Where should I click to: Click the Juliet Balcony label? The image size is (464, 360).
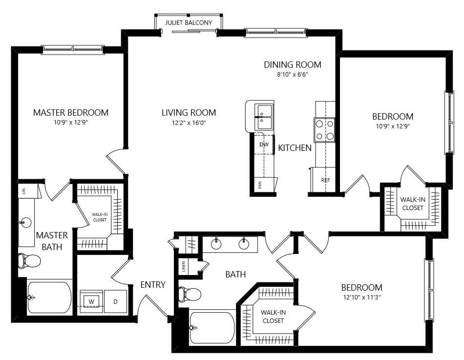(189, 22)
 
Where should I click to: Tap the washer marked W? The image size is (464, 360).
(91, 301)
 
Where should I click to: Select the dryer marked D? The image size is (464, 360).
(116, 301)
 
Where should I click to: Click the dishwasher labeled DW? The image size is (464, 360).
(264, 144)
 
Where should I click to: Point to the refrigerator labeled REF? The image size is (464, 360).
(325, 180)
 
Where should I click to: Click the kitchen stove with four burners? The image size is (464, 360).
(325, 129)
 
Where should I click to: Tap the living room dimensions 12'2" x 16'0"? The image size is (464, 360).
(189, 123)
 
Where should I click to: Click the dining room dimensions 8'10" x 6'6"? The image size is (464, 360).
(293, 75)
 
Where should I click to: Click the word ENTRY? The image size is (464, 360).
(153, 284)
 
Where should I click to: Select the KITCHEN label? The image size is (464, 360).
(295, 148)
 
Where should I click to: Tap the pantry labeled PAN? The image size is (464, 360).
(260, 185)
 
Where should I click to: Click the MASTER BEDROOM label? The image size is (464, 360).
(71, 112)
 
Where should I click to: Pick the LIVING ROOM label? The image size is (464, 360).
(189, 112)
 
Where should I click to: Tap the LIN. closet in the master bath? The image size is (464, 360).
(23, 191)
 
